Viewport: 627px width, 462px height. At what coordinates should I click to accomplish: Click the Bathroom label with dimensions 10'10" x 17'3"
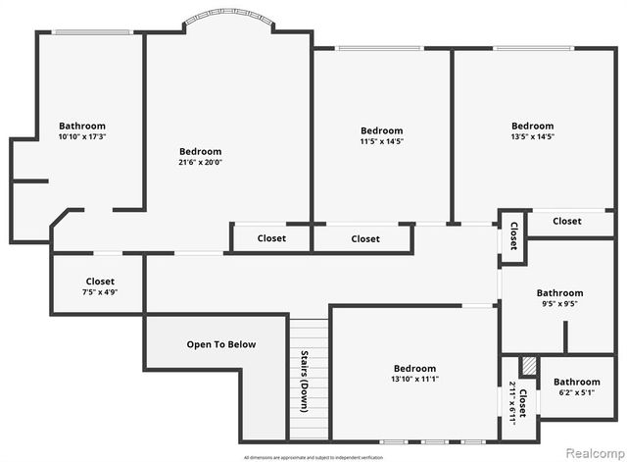click(82, 126)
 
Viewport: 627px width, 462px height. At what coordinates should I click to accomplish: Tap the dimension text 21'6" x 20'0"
click(200, 163)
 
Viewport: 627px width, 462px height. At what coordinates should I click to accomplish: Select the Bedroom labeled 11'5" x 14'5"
click(381, 130)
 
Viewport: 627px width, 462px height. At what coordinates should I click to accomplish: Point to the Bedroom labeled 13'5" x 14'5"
click(532, 126)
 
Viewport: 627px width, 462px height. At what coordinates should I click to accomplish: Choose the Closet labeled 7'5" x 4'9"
click(100, 282)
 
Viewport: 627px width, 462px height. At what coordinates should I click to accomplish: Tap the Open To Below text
click(220, 344)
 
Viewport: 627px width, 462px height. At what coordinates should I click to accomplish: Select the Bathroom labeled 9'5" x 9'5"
click(559, 292)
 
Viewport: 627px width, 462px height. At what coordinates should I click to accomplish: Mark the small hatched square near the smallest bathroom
click(529, 365)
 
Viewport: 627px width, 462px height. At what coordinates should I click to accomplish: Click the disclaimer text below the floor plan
click(313, 457)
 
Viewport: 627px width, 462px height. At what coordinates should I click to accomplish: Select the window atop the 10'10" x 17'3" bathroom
click(92, 32)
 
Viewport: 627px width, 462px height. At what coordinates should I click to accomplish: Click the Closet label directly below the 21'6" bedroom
click(271, 238)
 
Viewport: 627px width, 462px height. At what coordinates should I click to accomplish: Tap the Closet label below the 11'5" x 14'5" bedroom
click(365, 238)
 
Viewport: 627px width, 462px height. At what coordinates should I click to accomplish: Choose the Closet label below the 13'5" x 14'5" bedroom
click(566, 222)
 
